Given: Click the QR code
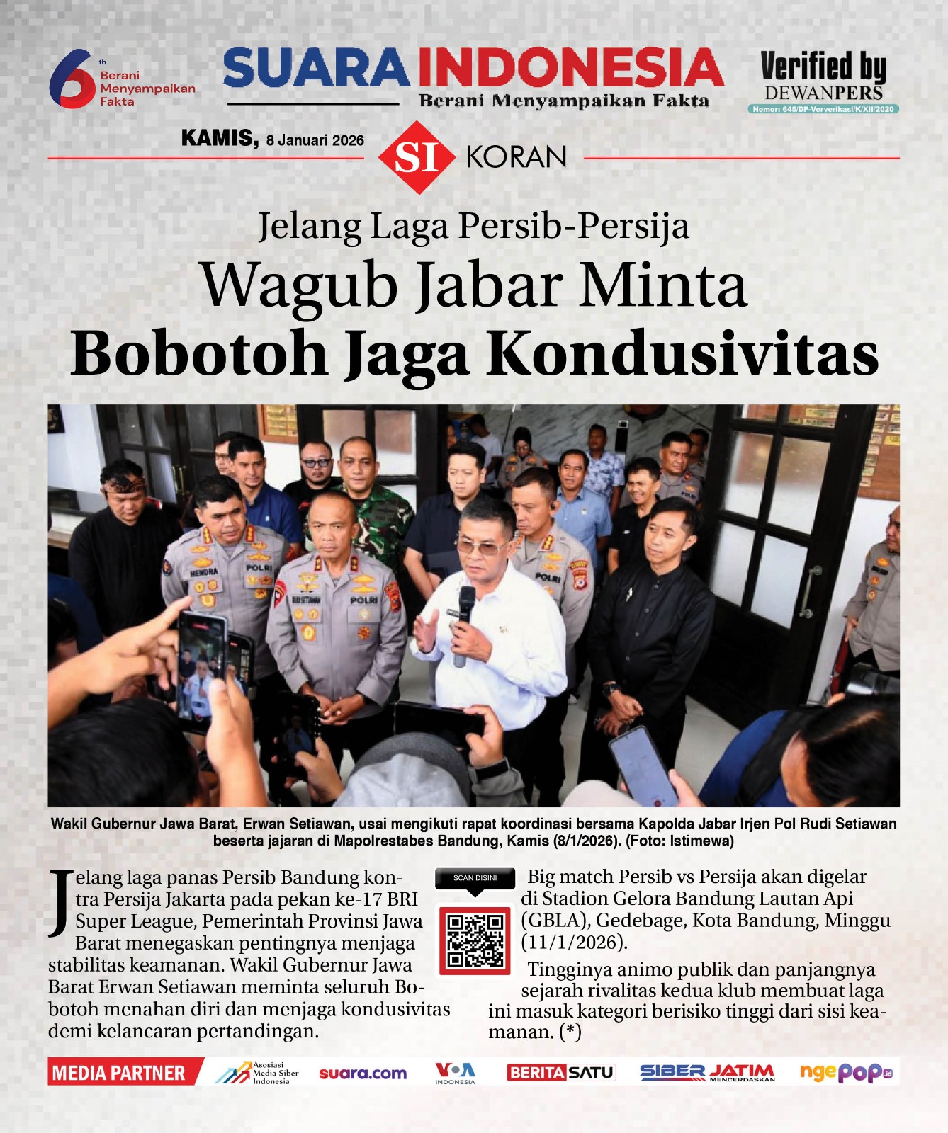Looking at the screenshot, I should coord(475,940).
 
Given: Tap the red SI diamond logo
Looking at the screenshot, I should coord(416,157).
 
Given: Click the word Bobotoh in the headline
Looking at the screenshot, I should coord(199,353).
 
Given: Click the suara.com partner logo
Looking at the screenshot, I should coord(363,1073).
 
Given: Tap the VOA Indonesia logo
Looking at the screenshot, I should coord(455,1072).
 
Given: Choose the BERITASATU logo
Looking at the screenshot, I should coord(560,1072).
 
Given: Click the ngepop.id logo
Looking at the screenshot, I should coord(845,1072).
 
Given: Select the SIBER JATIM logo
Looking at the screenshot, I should coord(706,1072).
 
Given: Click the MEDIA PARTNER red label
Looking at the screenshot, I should coord(120,1073).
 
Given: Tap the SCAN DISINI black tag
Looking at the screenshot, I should coord(475,879).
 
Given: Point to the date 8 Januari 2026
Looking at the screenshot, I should coord(315,140).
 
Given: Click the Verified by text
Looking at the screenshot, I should coord(823,67).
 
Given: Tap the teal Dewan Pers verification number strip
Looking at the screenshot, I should coord(823,109).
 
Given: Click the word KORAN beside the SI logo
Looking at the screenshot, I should coord(516,157).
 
